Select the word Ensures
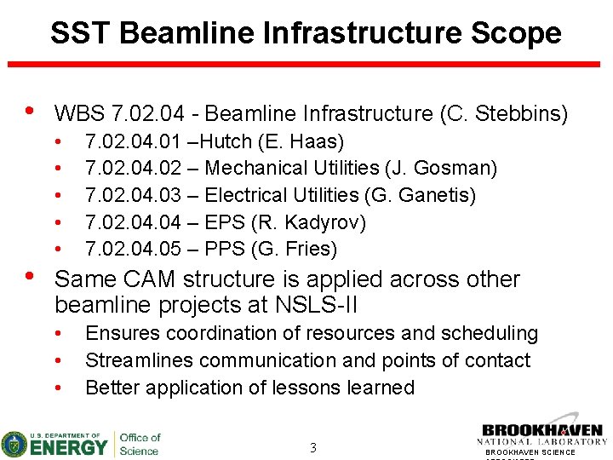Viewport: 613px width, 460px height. point(121,333)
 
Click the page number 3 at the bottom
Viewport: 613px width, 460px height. point(312,447)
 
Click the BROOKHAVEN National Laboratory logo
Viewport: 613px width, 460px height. point(543,435)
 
